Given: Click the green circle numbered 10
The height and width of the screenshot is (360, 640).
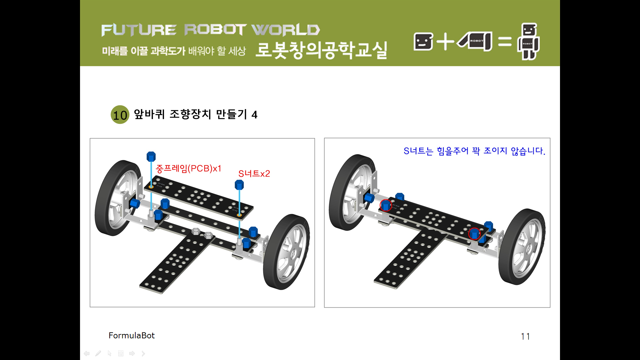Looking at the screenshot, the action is pyautogui.click(x=120, y=115).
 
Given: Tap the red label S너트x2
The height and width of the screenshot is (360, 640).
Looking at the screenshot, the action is pyautogui.click(x=254, y=174).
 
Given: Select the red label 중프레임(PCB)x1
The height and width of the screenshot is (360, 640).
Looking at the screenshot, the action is pyautogui.click(x=188, y=168).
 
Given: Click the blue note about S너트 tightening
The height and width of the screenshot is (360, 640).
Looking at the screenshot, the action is pyautogui.click(x=474, y=151).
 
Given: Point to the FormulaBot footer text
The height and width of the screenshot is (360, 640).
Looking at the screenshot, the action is pyautogui.click(x=132, y=335).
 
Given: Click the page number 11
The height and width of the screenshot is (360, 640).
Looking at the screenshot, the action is pyautogui.click(x=525, y=336).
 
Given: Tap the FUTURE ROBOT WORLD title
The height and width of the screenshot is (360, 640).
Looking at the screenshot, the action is pyautogui.click(x=211, y=30).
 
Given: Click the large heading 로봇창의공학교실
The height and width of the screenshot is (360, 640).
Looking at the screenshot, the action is pyautogui.click(x=321, y=50).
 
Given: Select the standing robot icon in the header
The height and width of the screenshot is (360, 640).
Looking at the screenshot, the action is pyautogui.click(x=528, y=41).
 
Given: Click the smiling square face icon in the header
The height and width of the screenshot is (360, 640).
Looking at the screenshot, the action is pyautogui.click(x=423, y=42).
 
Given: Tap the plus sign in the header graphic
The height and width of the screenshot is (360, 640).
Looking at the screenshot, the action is pyautogui.click(x=445, y=42).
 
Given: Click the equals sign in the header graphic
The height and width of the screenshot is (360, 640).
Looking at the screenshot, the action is pyautogui.click(x=505, y=42).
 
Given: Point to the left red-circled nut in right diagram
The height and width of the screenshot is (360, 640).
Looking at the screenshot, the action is pyautogui.click(x=386, y=205).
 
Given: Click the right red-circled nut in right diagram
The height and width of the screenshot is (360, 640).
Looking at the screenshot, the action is pyautogui.click(x=474, y=234).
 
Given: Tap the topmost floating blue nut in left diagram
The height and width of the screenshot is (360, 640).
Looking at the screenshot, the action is pyautogui.click(x=151, y=156).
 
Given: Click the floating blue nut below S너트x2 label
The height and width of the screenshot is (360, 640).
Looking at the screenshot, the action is pyautogui.click(x=239, y=185).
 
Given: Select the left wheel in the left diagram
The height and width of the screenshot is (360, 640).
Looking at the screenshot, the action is pyautogui.click(x=118, y=198).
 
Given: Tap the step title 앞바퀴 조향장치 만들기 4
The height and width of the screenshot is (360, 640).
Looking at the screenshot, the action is pyautogui.click(x=196, y=114).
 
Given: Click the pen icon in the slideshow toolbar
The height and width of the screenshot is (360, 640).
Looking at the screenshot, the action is pyautogui.click(x=98, y=353).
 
